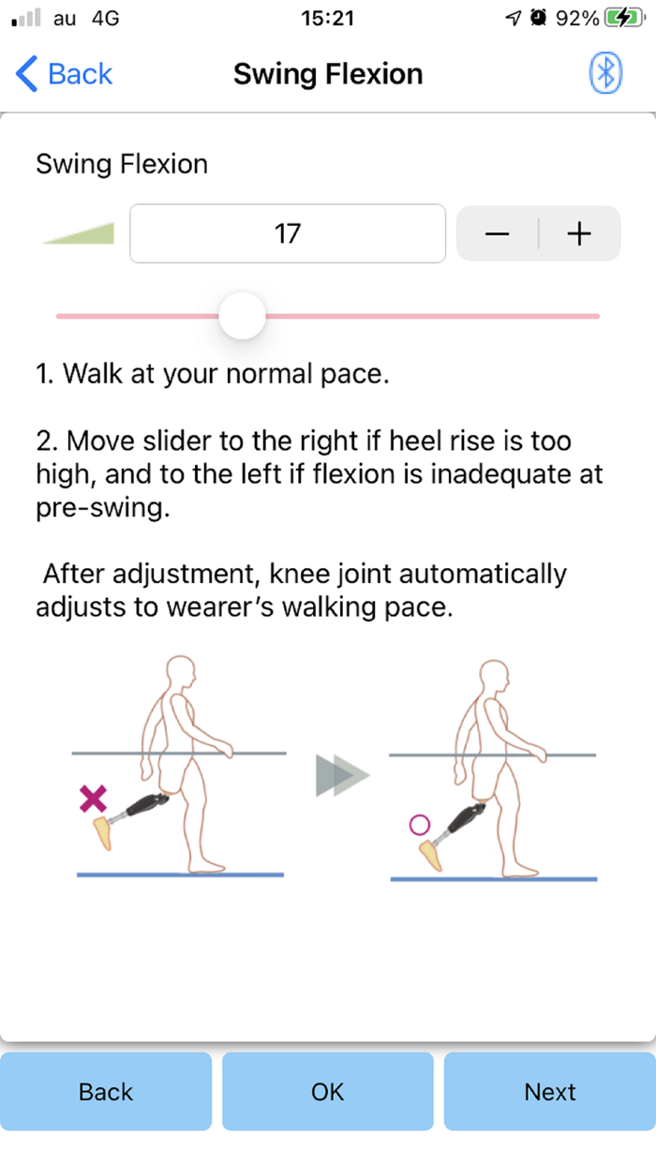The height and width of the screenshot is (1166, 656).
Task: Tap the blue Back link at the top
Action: (x=64, y=73)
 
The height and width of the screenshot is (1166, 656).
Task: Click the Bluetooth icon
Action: (x=605, y=73)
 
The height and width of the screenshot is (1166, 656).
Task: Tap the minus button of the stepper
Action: (x=498, y=233)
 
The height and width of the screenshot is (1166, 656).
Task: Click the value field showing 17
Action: (x=288, y=233)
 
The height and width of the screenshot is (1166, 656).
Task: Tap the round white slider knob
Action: (x=242, y=316)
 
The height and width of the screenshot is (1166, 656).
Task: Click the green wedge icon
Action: (x=78, y=233)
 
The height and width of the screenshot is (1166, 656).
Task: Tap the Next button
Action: (x=550, y=1092)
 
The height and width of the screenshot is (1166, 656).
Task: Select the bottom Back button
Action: (x=106, y=1092)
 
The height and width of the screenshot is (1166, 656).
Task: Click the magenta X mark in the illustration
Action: (x=93, y=799)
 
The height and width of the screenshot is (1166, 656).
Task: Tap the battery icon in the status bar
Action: (x=625, y=18)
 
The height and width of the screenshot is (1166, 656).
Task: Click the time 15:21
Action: (x=327, y=19)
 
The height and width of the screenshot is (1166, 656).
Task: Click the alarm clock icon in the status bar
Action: (x=538, y=18)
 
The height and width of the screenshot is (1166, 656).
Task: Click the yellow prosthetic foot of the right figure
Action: (x=430, y=855)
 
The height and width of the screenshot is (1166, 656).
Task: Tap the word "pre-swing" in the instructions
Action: (x=103, y=507)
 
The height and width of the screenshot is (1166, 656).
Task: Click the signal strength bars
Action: (x=26, y=18)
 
